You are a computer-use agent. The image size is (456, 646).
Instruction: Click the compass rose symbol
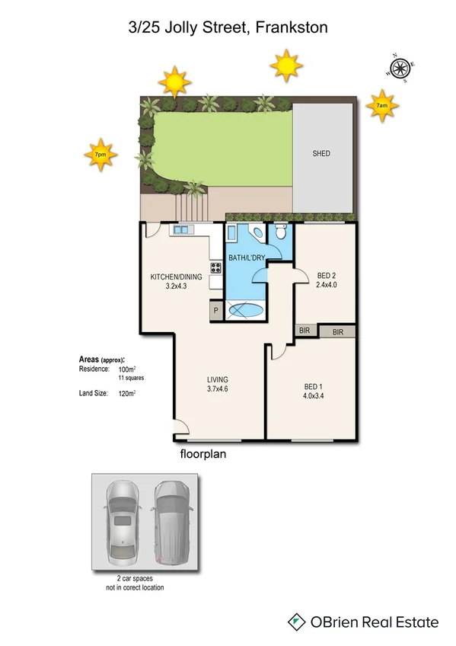click(x=400, y=68)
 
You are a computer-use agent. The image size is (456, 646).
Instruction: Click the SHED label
click(x=321, y=153)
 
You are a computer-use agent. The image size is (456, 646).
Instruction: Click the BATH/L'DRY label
click(x=247, y=259)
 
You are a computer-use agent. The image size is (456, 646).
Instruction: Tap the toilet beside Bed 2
click(x=281, y=232)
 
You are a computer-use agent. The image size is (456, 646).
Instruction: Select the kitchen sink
click(x=183, y=229)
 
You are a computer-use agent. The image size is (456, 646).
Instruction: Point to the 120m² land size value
click(x=126, y=394)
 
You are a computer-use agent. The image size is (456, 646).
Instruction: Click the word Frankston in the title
click(x=292, y=28)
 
